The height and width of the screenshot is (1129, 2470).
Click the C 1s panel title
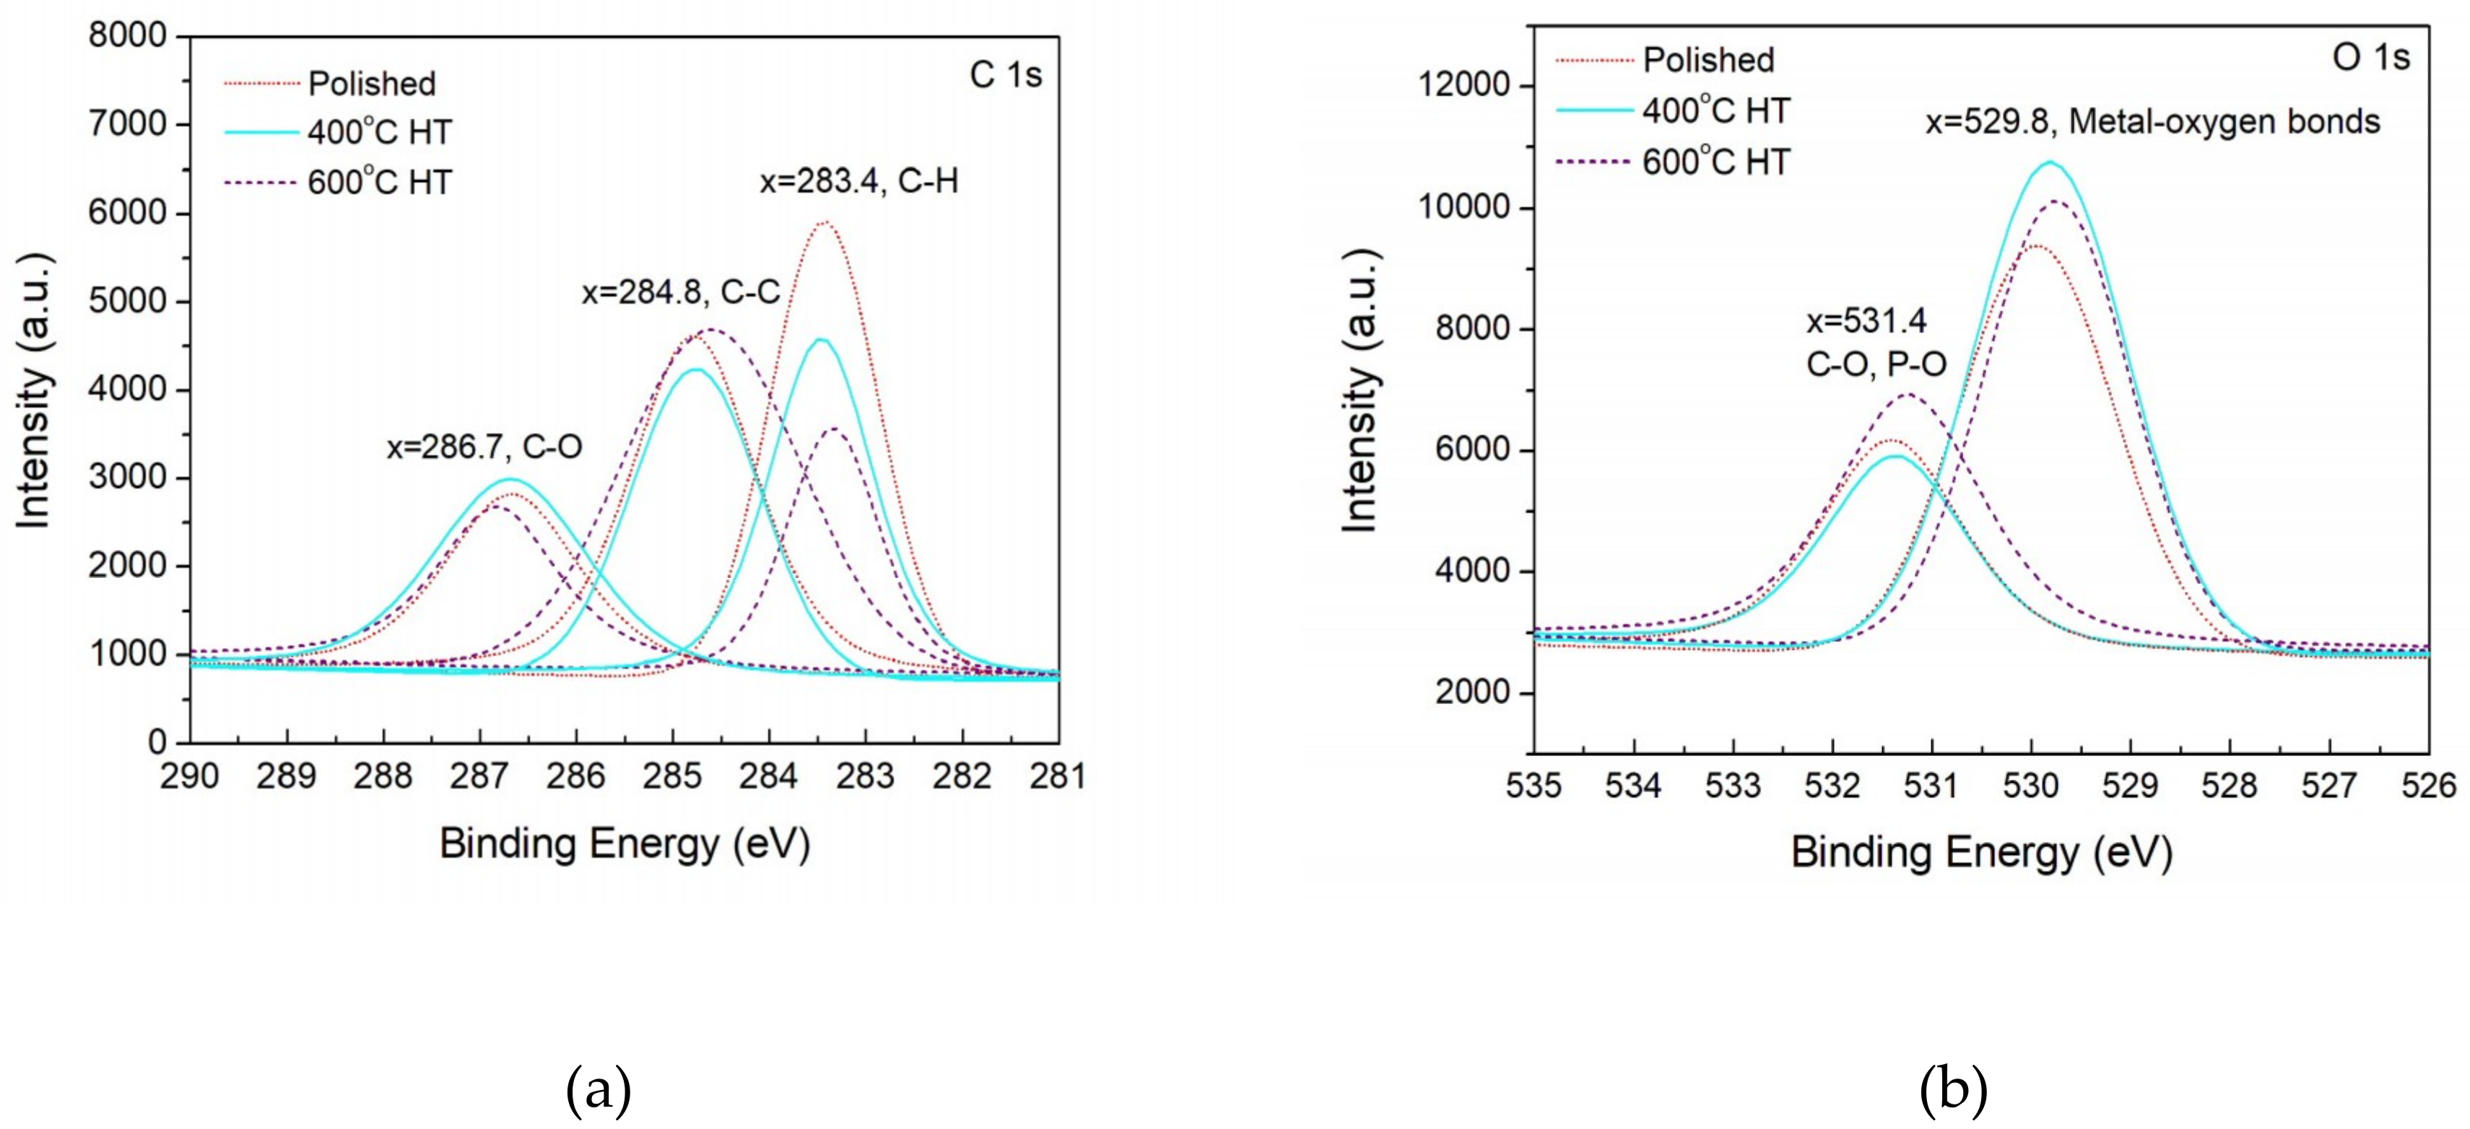pyautogui.click(x=1005, y=75)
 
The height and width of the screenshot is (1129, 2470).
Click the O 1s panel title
pyautogui.click(x=2370, y=58)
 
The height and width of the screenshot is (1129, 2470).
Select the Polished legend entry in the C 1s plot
pyautogui.click(x=371, y=84)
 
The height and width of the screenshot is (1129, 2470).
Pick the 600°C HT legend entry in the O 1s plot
pyautogui.click(x=1715, y=162)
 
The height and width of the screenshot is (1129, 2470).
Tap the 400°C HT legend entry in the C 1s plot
pyautogui.click(x=379, y=131)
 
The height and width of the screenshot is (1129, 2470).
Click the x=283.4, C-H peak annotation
pyautogui.click(x=859, y=180)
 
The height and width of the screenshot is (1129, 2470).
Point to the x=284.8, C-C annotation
pyautogui.click(x=681, y=291)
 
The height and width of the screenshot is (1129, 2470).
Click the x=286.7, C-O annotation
pyautogui.click(x=484, y=447)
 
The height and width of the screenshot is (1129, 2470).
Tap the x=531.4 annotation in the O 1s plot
pyautogui.click(x=1866, y=320)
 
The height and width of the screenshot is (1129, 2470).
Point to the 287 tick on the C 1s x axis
pyautogui.click(x=479, y=776)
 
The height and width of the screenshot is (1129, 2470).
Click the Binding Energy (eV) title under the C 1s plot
pyautogui.click(x=625, y=843)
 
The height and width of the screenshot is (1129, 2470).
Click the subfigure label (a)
pyautogui.click(x=599, y=1091)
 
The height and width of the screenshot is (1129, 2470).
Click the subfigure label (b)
pyautogui.click(x=1953, y=1091)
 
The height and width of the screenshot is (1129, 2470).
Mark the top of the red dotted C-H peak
pyautogui.click(x=825, y=222)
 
